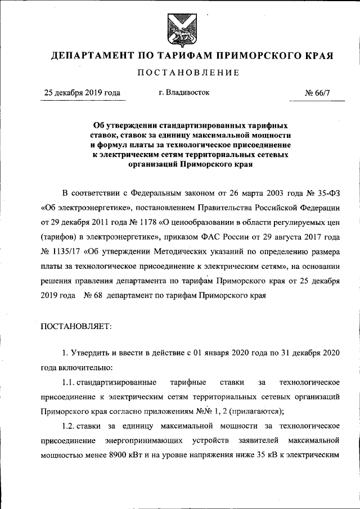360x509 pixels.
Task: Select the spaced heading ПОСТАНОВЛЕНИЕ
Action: [181, 73]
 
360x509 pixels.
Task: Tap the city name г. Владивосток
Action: [184, 93]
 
